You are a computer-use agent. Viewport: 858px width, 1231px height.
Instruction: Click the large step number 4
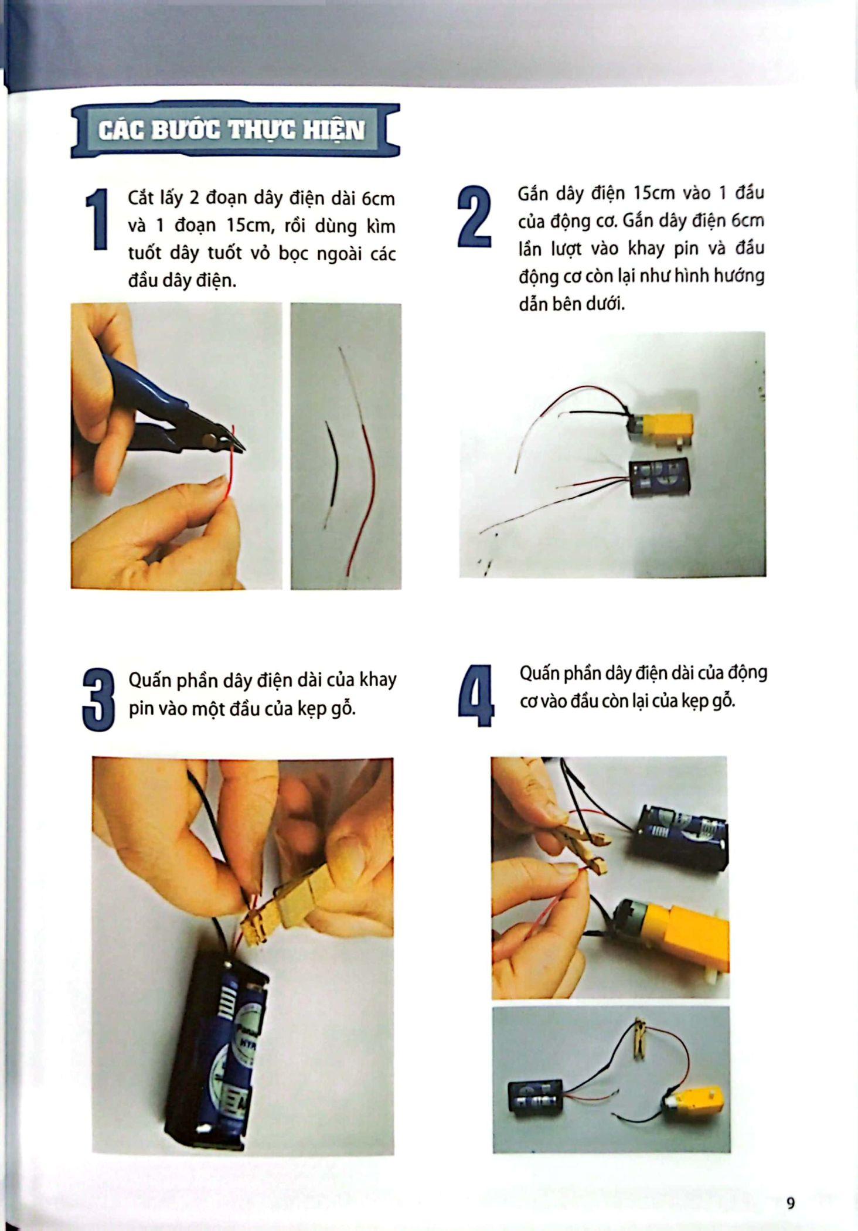coord(476,696)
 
